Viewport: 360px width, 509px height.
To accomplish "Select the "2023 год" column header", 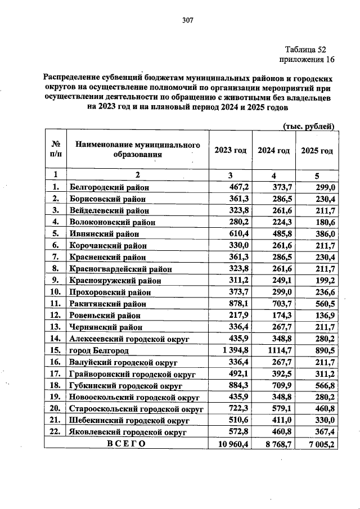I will [x=230, y=151].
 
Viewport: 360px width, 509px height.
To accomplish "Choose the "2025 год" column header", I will [x=317, y=151].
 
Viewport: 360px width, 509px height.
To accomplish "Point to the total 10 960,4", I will [x=231, y=444].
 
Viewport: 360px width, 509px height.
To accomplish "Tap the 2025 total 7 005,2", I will [x=318, y=444].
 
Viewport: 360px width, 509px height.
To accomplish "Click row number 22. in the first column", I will [x=56, y=432].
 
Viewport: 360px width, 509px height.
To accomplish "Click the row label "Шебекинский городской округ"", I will [x=129, y=420].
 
